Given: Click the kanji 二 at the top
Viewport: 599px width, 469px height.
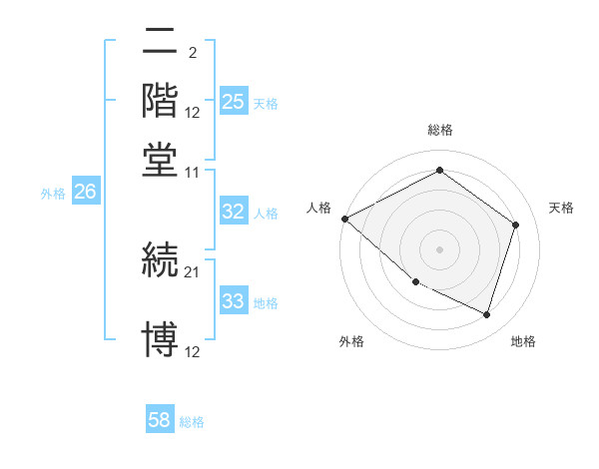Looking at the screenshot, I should tap(160, 43).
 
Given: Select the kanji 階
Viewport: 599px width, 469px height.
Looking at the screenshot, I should tap(160, 101).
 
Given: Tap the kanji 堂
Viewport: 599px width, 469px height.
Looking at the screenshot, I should tap(160, 159).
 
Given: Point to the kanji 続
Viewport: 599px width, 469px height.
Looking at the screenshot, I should tap(160, 260).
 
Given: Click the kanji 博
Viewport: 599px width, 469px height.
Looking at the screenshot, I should tap(160, 339).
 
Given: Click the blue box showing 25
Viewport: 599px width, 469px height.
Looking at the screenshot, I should tap(234, 102).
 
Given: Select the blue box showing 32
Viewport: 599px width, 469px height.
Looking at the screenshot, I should tap(234, 212).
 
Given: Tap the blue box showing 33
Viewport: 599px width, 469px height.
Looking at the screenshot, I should tap(234, 301).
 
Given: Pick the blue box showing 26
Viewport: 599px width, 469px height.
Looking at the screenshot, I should tap(85, 193).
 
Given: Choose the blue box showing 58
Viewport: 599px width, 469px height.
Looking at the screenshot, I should tap(160, 420).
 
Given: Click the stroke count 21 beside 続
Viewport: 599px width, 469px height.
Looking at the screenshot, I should tap(193, 271).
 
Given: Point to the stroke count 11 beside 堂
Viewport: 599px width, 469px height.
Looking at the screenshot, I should tap(193, 172).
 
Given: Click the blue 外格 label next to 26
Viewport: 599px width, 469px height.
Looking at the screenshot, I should tap(53, 194).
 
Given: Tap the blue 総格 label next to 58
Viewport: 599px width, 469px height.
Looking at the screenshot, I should tap(192, 422).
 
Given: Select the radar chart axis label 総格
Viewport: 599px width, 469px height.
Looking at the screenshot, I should tap(440, 130).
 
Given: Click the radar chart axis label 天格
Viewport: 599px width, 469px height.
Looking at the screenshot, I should tap(561, 208).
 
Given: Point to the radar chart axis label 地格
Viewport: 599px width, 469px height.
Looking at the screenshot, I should tap(523, 342).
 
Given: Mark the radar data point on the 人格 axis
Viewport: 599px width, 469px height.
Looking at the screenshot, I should tap(344, 219).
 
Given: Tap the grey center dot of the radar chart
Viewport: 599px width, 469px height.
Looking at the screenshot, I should tap(439, 249).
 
